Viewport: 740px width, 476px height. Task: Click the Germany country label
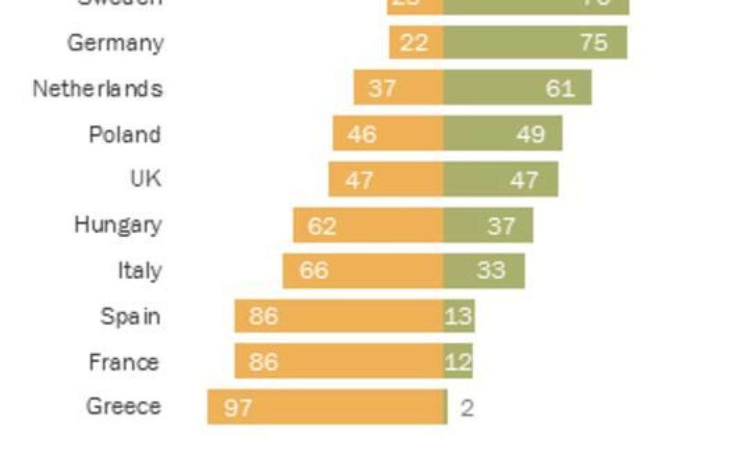pos(115,43)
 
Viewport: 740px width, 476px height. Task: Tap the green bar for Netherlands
pos(517,87)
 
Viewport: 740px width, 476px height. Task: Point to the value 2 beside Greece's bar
pos(467,408)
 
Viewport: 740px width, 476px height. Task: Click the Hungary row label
pos(118,225)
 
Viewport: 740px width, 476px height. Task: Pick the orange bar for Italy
pos(363,271)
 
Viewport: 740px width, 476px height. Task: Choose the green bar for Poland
pos(502,134)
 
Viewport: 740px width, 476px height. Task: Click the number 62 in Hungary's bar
pos(321,226)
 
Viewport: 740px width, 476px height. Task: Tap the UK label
pos(145,179)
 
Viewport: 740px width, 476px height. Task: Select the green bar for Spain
pos(459,316)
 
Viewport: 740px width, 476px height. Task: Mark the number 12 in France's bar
pos(458,362)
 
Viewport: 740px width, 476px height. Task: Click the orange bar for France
pos(339,361)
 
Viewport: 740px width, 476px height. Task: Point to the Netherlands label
pos(98,88)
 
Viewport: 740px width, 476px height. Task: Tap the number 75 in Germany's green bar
pos(594,42)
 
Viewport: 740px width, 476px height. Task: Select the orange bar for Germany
pos(416,42)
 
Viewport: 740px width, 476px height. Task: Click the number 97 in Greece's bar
pos(238,407)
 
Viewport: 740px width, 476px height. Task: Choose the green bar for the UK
pos(500,179)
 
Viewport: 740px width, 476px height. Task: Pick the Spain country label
pos(130,316)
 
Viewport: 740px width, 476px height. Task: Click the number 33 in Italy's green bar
pos(491,270)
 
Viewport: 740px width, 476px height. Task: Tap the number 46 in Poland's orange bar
pos(362,134)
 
